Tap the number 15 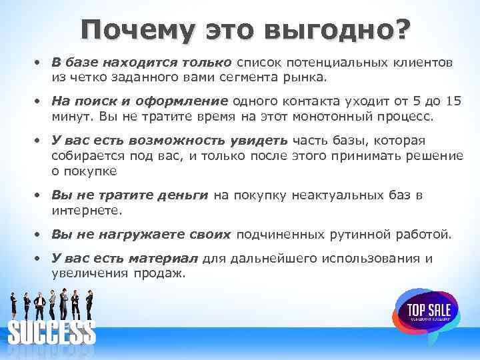pos(434,101)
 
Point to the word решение pos(431,155)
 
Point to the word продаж pos(164,274)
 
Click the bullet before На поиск pos(40,101)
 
